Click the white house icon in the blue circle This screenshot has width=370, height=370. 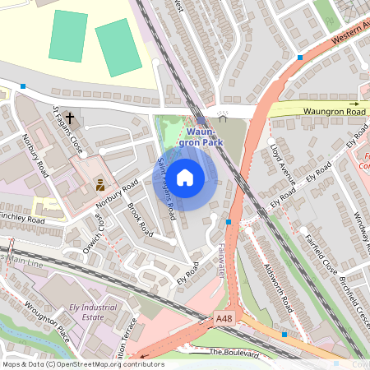point(185,177)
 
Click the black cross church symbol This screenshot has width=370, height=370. point(70,118)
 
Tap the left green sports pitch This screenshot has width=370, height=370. point(67,35)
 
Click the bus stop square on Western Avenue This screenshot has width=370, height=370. point(299,58)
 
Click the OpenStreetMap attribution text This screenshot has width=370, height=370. point(82,364)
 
